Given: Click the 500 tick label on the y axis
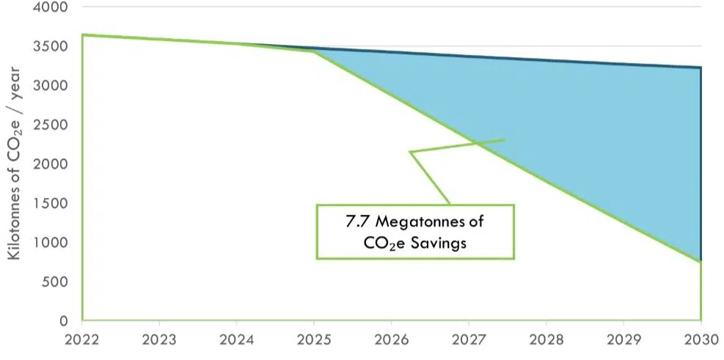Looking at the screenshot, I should point(51,282).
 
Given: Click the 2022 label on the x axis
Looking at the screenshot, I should point(82,340).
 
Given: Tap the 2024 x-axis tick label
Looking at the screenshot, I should point(237,340).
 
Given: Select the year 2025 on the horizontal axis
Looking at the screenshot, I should point(314,340).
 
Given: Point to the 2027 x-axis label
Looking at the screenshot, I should point(469,340).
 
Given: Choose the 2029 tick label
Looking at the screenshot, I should point(624,340).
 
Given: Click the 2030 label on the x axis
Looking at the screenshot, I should point(701,340).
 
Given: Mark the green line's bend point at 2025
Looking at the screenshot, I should point(314,51).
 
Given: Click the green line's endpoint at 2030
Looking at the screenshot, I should point(701,262).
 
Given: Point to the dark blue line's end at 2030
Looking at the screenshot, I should point(701,68).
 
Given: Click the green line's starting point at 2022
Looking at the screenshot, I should point(83,34).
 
